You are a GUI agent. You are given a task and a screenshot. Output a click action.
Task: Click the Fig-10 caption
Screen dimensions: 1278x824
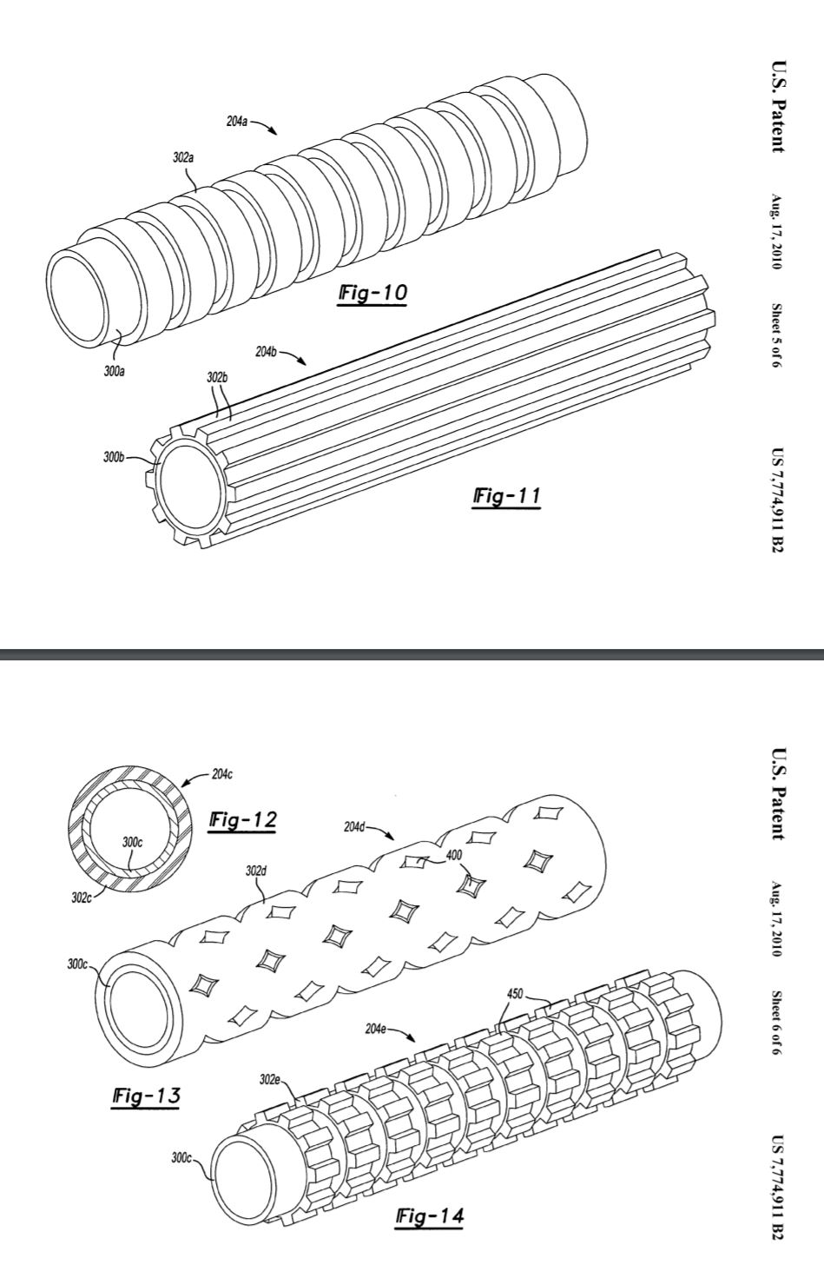[371, 294]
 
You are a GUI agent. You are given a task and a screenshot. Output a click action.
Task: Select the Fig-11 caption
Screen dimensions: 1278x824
[506, 496]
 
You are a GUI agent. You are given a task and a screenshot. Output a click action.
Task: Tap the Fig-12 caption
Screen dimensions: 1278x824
[243, 819]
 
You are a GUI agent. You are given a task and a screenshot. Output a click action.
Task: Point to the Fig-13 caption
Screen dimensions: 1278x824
[146, 1096]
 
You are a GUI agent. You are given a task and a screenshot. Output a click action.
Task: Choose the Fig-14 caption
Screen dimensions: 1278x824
[428, 1216]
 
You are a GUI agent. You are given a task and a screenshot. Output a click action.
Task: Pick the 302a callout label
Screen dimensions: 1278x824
[183, 158]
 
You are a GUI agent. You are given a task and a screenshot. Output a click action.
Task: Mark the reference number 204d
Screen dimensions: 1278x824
[355, 826]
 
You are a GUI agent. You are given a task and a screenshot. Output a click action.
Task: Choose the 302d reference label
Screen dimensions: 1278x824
[256, 870]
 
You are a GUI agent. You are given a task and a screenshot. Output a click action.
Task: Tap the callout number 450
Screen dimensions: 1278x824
[515, 994]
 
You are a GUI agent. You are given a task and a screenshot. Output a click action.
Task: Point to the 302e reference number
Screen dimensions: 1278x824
[270, 1079]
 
